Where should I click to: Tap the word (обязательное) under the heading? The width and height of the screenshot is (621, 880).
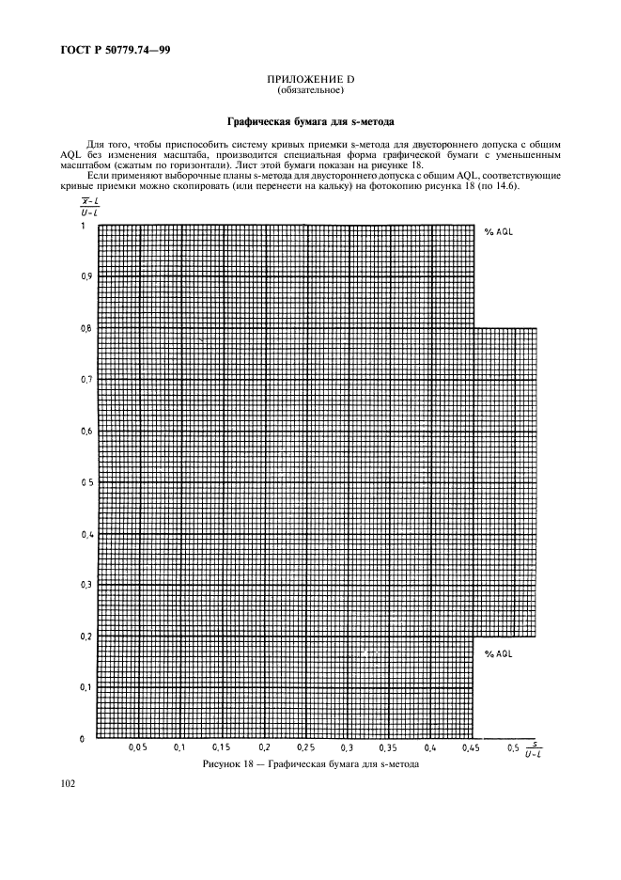(310, 92)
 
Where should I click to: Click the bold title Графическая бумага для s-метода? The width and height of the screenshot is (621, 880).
(310, 122)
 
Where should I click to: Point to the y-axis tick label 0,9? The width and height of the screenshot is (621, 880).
(85, 277)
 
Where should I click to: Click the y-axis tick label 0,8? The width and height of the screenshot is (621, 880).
(85, 328)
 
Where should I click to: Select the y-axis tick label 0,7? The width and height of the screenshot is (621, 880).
(85, 380)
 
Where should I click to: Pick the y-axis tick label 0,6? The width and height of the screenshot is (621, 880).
(85, 432)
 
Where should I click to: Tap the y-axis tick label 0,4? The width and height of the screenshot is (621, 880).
(85, 534)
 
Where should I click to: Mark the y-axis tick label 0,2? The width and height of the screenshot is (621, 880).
(85, 636)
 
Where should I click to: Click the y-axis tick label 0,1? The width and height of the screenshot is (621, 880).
(85, 687)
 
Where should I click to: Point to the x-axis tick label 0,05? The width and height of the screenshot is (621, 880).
(138, 748)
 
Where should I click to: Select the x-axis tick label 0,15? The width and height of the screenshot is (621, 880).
(222, 748)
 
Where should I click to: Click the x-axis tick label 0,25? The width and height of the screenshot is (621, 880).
(304, 748)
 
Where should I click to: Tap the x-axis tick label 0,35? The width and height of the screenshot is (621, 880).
(388, 748)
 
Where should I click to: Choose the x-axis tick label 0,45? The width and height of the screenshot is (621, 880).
(471, 748)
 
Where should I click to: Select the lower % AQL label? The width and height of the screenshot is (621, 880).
(499, 652)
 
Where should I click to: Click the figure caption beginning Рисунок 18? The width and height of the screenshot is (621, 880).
(310, 764)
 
